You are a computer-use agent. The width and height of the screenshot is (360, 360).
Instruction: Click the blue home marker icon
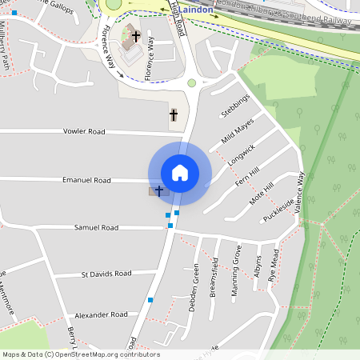[x=180, y=173]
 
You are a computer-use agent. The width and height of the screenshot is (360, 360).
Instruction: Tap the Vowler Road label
[x=84, y=131]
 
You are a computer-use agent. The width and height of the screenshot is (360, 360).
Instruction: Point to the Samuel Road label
[x=96, y=228]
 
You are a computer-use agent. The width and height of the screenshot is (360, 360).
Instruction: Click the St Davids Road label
[x=106, y=274]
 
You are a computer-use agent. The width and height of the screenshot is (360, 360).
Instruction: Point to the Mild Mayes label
[x=238, y=130]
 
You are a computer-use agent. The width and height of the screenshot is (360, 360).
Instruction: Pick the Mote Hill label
[x=261, y=191]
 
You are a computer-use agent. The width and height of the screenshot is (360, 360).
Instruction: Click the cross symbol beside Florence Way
[x=135, y=36]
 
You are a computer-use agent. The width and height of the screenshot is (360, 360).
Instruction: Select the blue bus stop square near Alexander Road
[x=150, y=299]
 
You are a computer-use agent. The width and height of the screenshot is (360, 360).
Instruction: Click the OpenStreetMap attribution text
[x=80, y=354]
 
